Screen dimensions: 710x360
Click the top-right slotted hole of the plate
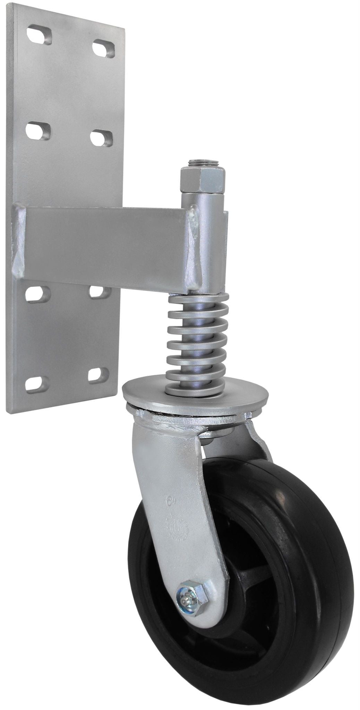click(104, 49)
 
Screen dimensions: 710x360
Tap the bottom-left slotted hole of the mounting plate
click(37, 384)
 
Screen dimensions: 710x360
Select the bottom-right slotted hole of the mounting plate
click(98, 375)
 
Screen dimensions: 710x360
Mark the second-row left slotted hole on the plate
click(38, 131)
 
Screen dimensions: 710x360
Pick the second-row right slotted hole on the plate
click(101, 138)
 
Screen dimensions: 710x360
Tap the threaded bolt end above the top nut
click(202, 162)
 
